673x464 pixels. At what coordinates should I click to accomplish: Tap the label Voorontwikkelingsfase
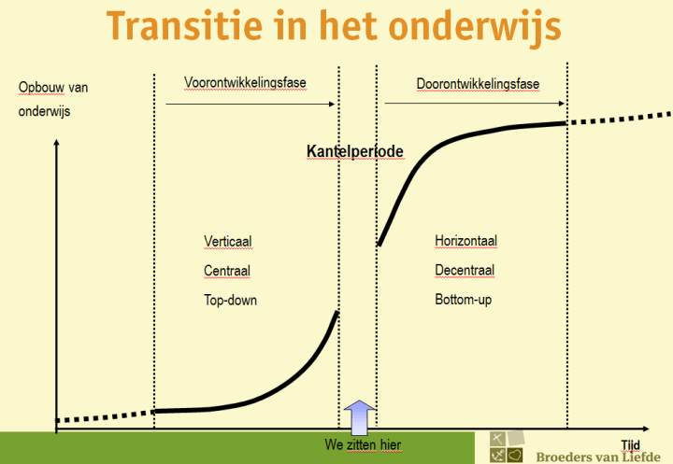(x=246, y=83)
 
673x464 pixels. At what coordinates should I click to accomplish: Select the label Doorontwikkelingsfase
(x=478, y=84)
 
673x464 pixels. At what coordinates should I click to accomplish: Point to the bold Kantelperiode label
(x=355, y=150)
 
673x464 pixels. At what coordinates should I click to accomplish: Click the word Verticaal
(x=228, y=241)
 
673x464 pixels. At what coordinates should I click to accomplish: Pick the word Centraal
(x=227, y=271)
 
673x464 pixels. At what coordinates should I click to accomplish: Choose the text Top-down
(x=230, y=301)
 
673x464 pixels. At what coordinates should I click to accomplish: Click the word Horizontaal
(x=465, y=241)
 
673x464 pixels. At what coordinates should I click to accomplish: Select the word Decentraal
(x=465, y=271)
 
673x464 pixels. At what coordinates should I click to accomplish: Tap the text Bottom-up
(x=463, y=301)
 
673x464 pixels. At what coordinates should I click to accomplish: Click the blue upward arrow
(x=359, y=416)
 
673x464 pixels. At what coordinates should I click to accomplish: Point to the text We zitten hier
(x=363, y=445)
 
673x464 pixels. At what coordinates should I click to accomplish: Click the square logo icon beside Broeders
(x=506, y=447)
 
